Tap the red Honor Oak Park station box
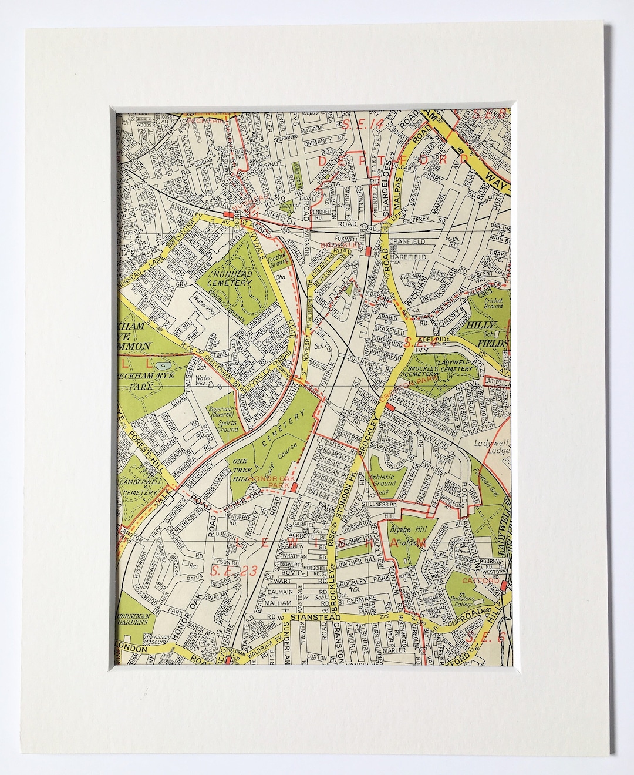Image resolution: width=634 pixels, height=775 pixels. coord(294,487)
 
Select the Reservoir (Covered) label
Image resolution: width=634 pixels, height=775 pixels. coord(225,414)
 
